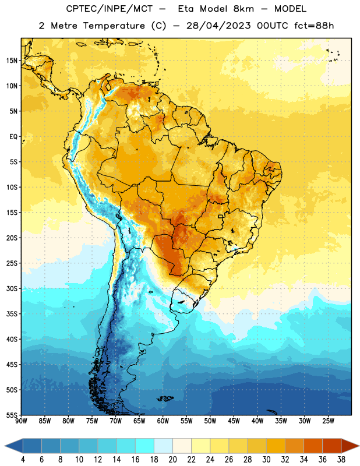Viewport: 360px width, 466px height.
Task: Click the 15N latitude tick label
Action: pyautogui.click(x=12, y=61)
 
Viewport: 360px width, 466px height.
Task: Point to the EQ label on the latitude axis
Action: pyautogui.click(x=13, y=137)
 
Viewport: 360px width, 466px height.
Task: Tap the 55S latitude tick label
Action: pyautogui.click(x=12, y=415)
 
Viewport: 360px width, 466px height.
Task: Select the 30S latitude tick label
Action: pyautogui.click(x=12, y=288)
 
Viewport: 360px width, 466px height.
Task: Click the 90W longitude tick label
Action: pyautogui.click(x=21, y=421)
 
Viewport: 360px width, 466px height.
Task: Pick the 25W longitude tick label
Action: pyautogui.click(x=328, y=421)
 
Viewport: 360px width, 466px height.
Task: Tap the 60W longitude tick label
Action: pyautogui.click(x=163, y=421)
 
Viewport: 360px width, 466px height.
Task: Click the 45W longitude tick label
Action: pyautogui.click(x=234, y=421)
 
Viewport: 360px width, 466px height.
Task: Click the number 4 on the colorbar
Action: pyautogui.click(x=23, y=460)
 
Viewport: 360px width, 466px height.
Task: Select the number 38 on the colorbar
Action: pyautogui.click(x=341, y=460)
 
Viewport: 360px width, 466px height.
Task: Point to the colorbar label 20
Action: pyautogui.click(x=172, y=460)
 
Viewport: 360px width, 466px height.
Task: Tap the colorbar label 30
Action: pyautogui.click(x=266, y=460)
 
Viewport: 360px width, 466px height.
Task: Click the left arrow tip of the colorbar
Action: pyautogui.click(x=5, y=446)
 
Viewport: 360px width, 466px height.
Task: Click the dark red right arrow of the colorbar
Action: pyautogui.click(x=350, y=446)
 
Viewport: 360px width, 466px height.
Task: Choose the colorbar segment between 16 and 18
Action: pyautogui.click(x=145, y=446)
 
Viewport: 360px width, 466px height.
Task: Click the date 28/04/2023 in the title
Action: pyautogui.click(x=218, y=26)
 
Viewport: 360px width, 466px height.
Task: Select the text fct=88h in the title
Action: pyautogui.click(x=314, y=26)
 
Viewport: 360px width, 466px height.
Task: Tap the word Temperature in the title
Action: pyautogui.click(x=114, y=26)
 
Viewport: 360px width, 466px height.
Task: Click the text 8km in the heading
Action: pyautogui.click(x=243, y=9)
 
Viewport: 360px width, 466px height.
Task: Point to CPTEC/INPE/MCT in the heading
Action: pyautogui.click(x=109, y=9)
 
